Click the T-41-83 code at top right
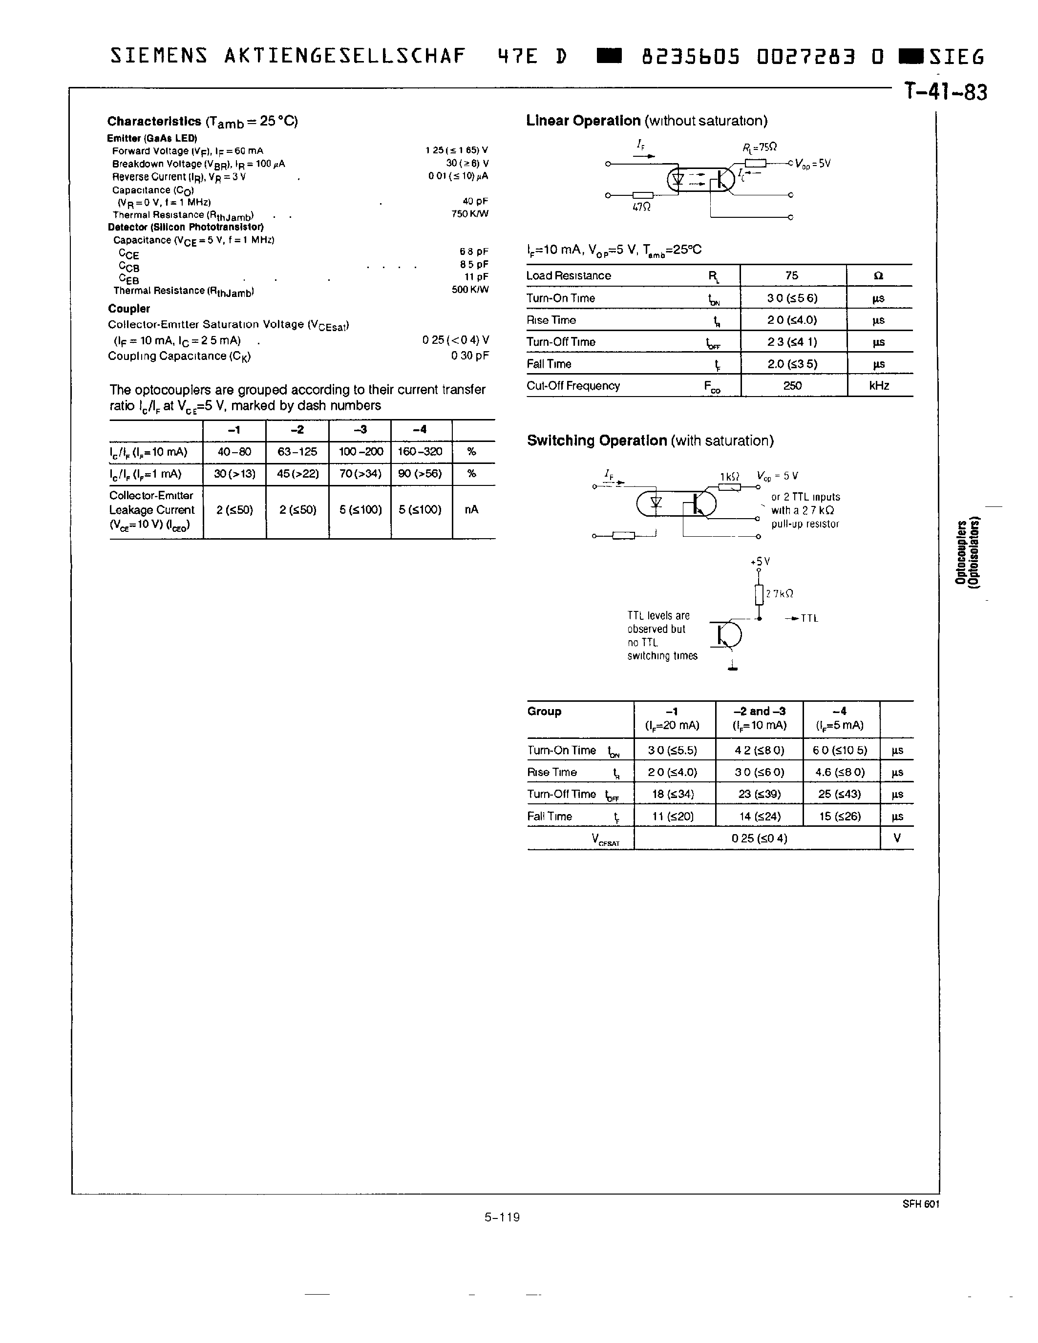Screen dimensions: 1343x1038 click(945, 92)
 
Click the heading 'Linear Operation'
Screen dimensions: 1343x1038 click(583, 121)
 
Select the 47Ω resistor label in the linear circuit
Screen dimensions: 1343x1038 click(641, 207)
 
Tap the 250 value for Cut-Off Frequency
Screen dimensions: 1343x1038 click(793, 385)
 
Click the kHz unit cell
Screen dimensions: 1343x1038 click(879, 385)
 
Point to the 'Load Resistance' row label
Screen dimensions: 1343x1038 click(568, 275)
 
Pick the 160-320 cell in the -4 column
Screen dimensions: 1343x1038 click(420, 451)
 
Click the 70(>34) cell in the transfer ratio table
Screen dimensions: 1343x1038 click(360, 474)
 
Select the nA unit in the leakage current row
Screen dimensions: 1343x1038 click(472, 509)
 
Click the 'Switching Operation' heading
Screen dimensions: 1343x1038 click(596, 441)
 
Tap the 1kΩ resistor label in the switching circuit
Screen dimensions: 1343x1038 click(729, 477)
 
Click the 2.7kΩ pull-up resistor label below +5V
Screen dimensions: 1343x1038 click(779, 593)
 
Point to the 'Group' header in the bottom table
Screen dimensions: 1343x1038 click(544, 712)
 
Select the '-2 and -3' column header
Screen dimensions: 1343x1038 click(760, 712)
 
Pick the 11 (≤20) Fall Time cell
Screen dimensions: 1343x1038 click(673, 816)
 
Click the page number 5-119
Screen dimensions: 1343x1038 click(502, 1217)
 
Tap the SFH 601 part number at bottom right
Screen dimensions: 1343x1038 click(921, 1204)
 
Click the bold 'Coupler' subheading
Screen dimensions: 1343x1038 click(128, 309)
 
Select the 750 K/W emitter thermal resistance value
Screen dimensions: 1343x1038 click(470, 214)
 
